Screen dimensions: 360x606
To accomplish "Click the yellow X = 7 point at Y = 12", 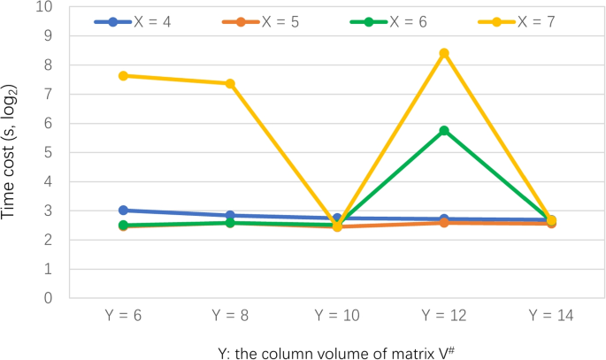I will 444,53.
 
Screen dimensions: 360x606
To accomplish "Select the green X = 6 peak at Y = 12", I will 444,130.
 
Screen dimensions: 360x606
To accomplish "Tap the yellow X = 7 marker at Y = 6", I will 124,76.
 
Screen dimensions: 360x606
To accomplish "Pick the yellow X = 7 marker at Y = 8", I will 231,83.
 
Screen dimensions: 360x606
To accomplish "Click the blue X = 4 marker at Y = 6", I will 124,211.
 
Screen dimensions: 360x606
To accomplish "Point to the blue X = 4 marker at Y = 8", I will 231,215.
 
